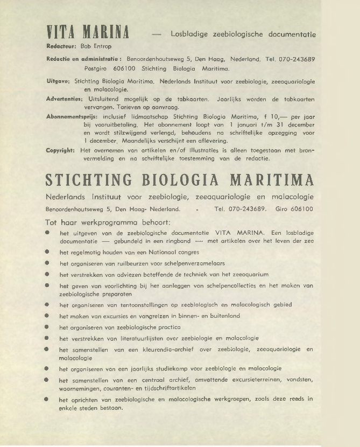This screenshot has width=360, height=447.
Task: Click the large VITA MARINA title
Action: click(86, 33)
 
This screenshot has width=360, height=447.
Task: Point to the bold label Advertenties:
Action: click(63, 100)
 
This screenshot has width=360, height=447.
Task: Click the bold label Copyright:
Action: click(61, 151)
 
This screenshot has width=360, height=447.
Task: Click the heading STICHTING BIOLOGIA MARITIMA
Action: click(180, 179)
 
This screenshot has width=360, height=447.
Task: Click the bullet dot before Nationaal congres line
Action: click(47, 252)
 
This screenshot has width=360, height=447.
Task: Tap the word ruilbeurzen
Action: click(137, 263)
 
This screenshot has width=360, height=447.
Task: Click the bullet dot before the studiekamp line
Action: click(47, 369)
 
